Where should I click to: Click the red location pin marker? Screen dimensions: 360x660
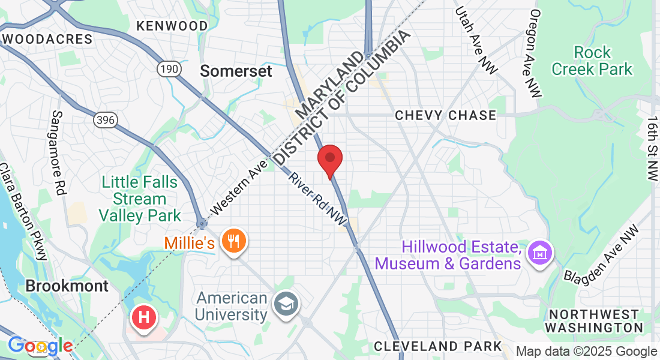[x=329, y=160]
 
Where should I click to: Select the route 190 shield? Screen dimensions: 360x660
[x=169, y=70]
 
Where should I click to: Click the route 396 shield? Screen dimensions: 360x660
[x=105, y=120]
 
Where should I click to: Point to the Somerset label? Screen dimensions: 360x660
[x=236, y=71]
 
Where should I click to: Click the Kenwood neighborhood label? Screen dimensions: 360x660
[x=172, y=26]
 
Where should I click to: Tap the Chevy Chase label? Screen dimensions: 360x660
[x=445, y=115]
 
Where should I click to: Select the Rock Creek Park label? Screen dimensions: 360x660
[x=592, y=61]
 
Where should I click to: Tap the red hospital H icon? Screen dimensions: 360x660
[x=144, y=317]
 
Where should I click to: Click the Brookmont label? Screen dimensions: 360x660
[x=67, y=286]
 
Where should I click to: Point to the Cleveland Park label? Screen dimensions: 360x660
[x=437, y=346]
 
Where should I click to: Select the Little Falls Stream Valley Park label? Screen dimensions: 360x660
[x=139, y=199]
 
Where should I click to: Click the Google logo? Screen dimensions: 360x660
[x=40, y=346]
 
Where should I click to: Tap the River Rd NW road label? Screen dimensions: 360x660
[x=317, y=200]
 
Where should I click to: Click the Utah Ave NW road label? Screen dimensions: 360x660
[x=476, y=41]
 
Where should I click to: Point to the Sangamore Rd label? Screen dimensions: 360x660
[x=58, y=153]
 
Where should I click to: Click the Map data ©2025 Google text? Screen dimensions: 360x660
[x=586, y=352]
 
